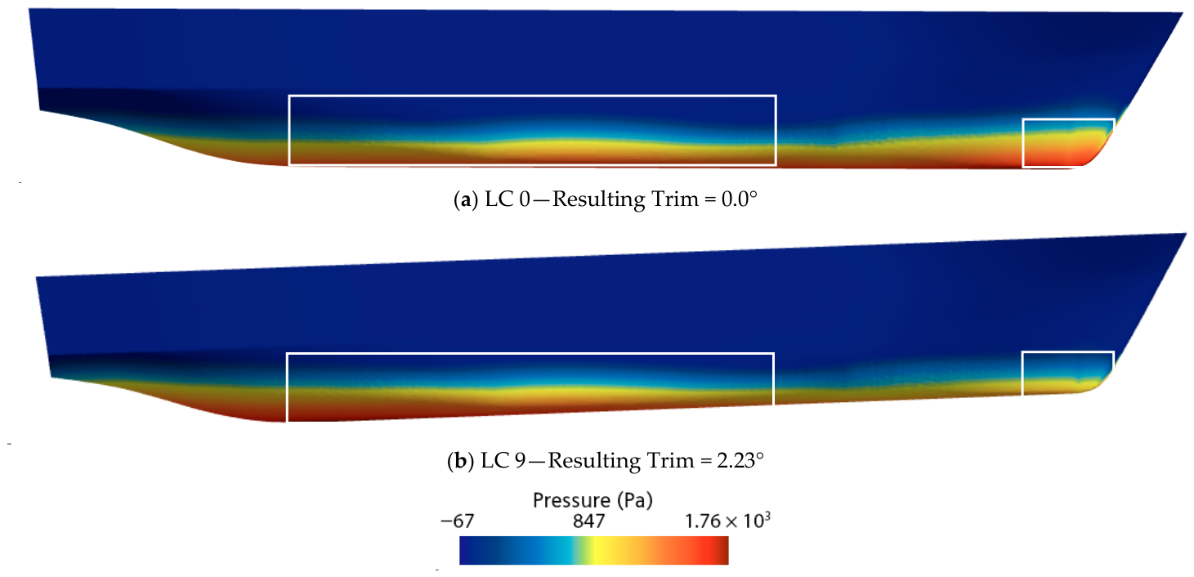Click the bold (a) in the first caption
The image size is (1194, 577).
click(465, 200)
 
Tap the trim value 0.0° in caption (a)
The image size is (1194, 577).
click(740, 199)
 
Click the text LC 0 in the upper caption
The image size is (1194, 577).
click(508, 199)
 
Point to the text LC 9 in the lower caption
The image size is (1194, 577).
click(503, 460)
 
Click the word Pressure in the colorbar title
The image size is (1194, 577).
click(571, 500)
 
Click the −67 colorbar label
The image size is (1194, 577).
click(458, 521)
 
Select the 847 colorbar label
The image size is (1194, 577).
click(589, 521)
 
